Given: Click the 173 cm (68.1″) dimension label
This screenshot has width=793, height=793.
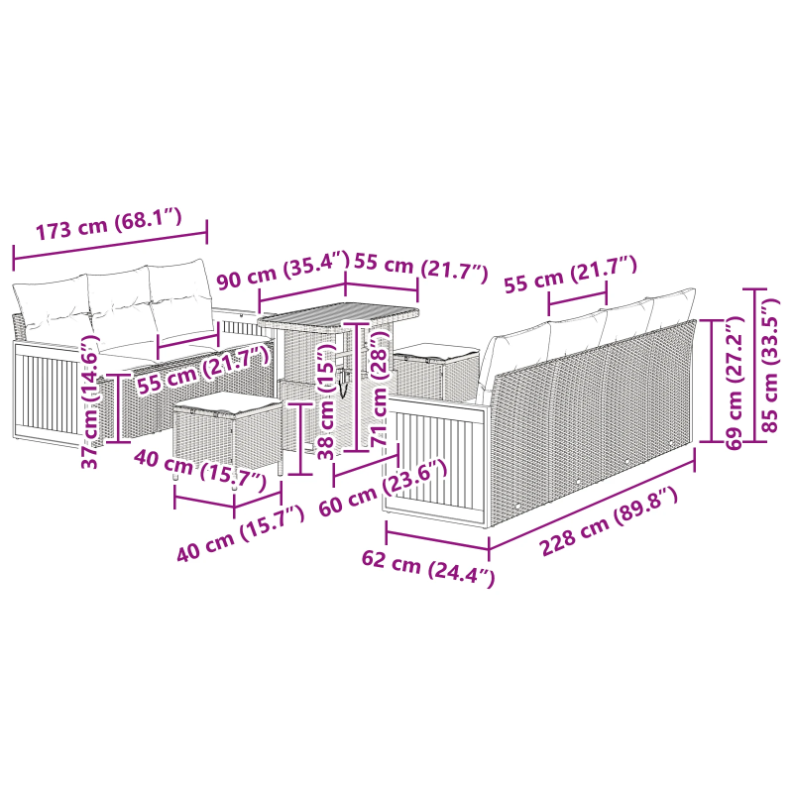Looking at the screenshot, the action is [108, 224].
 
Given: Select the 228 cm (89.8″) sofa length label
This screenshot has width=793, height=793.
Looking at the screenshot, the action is [610, 521].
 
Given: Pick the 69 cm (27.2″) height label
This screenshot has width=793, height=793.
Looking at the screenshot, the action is [734, 383].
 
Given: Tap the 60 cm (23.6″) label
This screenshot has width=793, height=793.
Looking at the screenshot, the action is [383, 488].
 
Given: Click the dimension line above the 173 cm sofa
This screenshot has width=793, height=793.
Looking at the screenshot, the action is [110, 245].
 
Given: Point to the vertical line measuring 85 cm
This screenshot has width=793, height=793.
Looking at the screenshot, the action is [755, 365].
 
